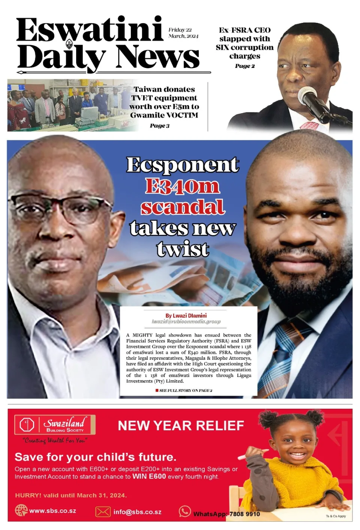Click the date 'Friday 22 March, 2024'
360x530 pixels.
click(183, 33)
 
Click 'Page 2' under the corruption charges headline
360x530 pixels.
click(245, 66)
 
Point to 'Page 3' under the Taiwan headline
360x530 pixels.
click(160, 126)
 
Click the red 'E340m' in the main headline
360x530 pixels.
click(183, 186)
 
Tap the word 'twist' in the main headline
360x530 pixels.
click(183, 249)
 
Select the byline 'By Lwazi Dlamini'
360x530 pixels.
click(186, 315)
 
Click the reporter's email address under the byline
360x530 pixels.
click(186, 321)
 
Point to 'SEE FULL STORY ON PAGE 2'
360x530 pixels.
click(185, 390)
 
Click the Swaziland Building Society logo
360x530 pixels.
click(55, 425)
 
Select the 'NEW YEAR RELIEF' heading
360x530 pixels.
click(181, 426)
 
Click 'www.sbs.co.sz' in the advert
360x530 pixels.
click(52, 510)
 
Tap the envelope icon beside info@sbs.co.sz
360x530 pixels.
click(103, 512)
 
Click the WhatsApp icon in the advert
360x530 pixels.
click(184, 511)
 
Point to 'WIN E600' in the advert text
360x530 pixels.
click(149, 476)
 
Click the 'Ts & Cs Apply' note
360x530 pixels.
click(336, 516)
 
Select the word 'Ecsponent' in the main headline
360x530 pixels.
click(183, 165)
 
